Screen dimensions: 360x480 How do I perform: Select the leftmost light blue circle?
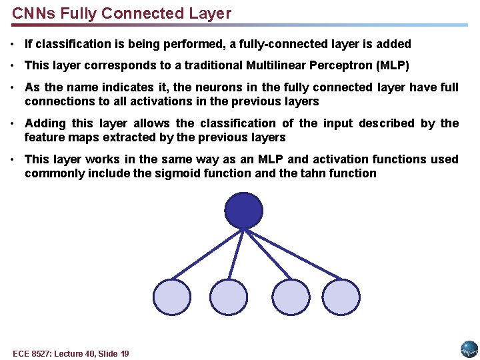(171, 297)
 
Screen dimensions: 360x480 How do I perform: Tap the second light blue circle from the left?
(229, 297)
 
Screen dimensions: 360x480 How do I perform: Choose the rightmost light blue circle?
(341, 297)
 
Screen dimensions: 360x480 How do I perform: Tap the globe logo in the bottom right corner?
(469, 349)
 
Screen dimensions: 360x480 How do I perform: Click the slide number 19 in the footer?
(124, 353)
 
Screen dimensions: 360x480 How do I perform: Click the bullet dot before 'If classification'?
(14, 45)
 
